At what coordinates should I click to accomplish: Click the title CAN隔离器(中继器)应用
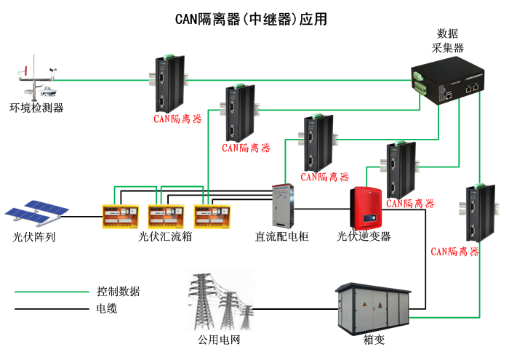pyautogui.click(x=251, y=20)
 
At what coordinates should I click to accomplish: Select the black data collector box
pyautogui.click(x=446, y=83)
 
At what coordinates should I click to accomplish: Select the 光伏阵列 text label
pyautogui.click(x=34, y=236)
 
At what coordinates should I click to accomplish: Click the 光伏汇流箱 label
pyautogui.click(x=165, y=236)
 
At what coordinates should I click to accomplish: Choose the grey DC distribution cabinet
pyautogui.click(x=282, y=206)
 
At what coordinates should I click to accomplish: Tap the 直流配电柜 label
pyautogui.click(x=282, y=236)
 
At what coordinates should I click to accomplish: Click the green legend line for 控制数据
pyautogui.click(x=51, y=292)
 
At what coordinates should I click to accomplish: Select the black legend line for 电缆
pyautogui.click(x=51, y=309)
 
